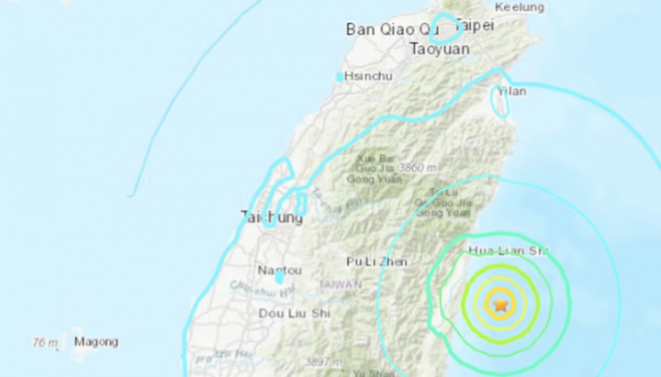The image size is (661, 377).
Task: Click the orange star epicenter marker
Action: coord(500,304)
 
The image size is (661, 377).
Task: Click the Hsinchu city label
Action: coord(371,77)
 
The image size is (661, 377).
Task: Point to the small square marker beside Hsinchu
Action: coord(341,77)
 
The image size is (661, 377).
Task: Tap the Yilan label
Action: coord(510,92)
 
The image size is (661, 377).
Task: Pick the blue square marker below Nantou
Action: coord(279,276)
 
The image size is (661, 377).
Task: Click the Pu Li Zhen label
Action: coord(377,261)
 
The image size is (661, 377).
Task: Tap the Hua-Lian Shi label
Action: coord(508,249)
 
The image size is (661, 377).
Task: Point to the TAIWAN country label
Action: coord(341,285)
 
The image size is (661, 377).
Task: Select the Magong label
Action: coord(96,343)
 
